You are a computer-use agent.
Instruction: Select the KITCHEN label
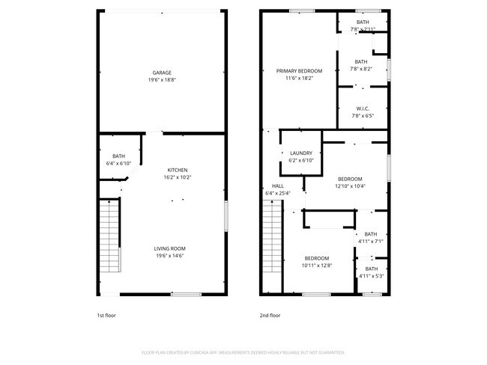pyautogui.click(x=178, y=170)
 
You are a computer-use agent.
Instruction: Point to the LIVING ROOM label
pyautogui.click(x=170, y=248)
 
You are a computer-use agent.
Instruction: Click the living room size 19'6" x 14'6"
pyautogui.click(x=170, y=256)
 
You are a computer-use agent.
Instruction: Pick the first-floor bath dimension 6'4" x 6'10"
pyautogui.click(x=119, y=163)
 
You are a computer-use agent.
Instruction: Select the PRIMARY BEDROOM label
pyautogui.click(x=298, y=71)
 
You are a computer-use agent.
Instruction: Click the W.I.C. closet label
pyautogui.click(x=362, y=108)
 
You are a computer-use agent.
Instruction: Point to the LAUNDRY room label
pyautogui.click(x=300, y=153)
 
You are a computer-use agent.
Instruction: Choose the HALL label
pyautogui.click(x=278, y=185)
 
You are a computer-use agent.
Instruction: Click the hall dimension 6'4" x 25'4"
pyautogui.click(x=278, y=193)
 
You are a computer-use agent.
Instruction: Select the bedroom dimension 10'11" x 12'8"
pyautogui.click(x=316, y=265)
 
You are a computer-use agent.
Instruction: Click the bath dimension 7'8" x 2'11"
pyautogui.click(x=362, y=29)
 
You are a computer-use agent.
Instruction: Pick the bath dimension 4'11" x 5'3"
pyautogui.click(x=371, y=276)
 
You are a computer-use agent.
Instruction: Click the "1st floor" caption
pyautogui.click(x=106, y=316)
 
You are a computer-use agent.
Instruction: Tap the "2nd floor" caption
pyautogui.click(x=270, y=316)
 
